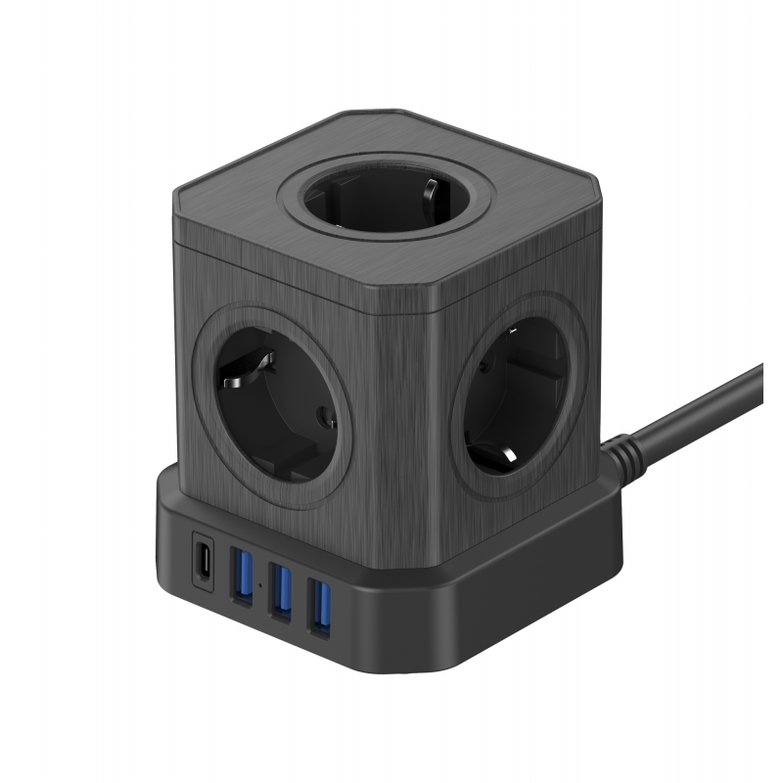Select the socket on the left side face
[x=275, y=401]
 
